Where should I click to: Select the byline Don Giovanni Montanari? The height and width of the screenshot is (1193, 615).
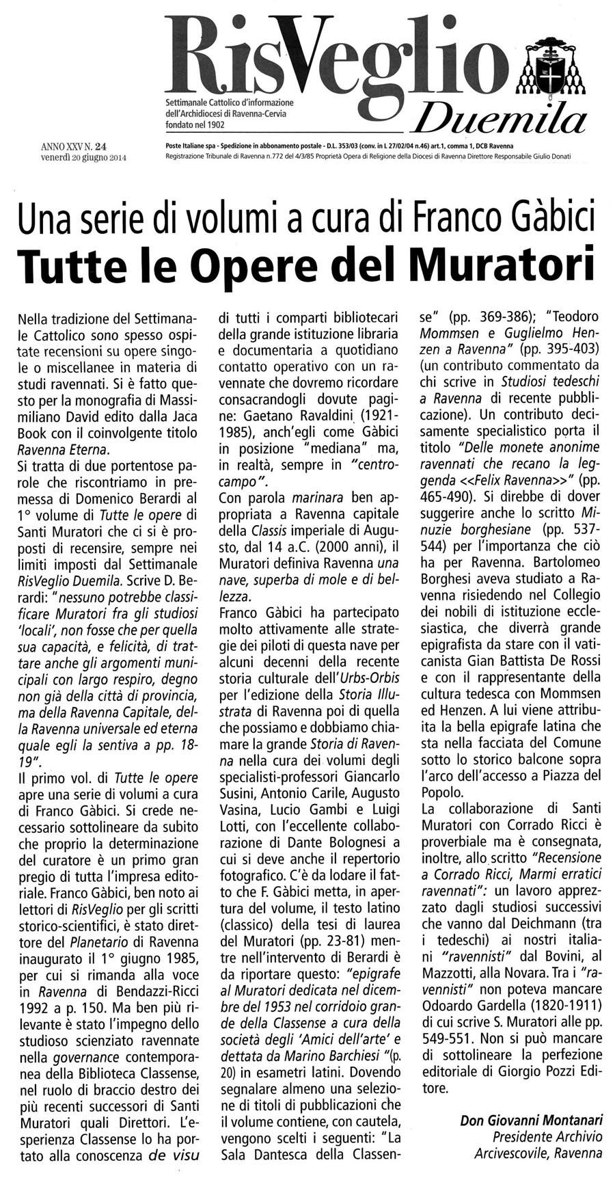(x=532, y=1119)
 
